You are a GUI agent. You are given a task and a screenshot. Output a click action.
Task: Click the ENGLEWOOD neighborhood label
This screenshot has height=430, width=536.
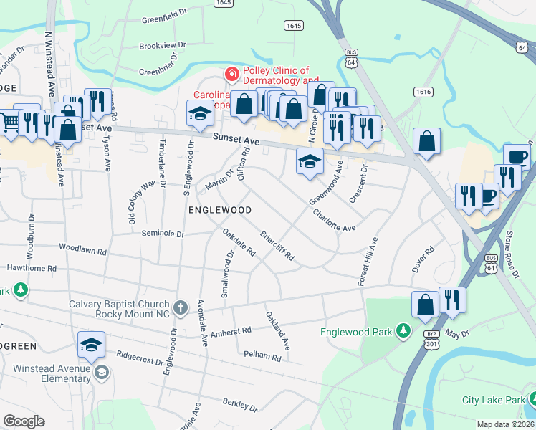[x=220, y=210]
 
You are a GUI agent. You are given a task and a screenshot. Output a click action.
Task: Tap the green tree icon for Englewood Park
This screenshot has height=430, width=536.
[x=404, y=330]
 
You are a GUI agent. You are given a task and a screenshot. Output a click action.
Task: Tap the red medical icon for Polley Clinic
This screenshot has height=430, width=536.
[x=231, y=74]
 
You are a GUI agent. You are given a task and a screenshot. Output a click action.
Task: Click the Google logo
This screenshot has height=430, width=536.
[x=24, y=421]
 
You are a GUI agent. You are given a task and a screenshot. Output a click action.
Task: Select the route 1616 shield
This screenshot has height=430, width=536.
[x=422, y=92]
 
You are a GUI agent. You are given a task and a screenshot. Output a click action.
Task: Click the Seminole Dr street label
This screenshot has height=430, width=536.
[x=163, y=234]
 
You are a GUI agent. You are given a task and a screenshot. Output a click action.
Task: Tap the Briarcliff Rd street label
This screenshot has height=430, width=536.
[x=277, y=246]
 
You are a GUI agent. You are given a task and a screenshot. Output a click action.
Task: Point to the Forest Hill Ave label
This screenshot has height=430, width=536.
[x=367, y=262]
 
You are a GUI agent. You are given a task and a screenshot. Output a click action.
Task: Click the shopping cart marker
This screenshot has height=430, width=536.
[x=7, y=122]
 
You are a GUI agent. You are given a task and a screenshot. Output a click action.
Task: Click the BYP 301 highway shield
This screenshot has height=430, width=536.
[x=430, y=338]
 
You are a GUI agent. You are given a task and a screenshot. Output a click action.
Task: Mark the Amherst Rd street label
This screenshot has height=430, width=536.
[x=231, y=331]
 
